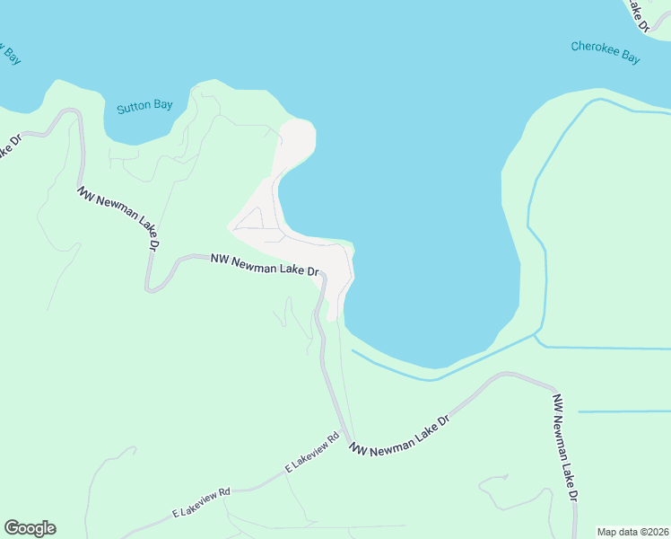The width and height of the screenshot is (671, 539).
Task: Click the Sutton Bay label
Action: (144, 106)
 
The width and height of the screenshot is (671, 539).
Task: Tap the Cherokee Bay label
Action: (606, 52)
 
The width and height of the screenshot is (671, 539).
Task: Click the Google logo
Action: (30, 528)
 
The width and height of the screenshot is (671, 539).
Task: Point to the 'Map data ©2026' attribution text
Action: (632, 532)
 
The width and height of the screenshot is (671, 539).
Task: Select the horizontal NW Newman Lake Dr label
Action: (265, 264)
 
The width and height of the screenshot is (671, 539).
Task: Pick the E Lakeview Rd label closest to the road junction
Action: (311, 453)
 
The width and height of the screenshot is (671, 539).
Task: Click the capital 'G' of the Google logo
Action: (12, 527)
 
